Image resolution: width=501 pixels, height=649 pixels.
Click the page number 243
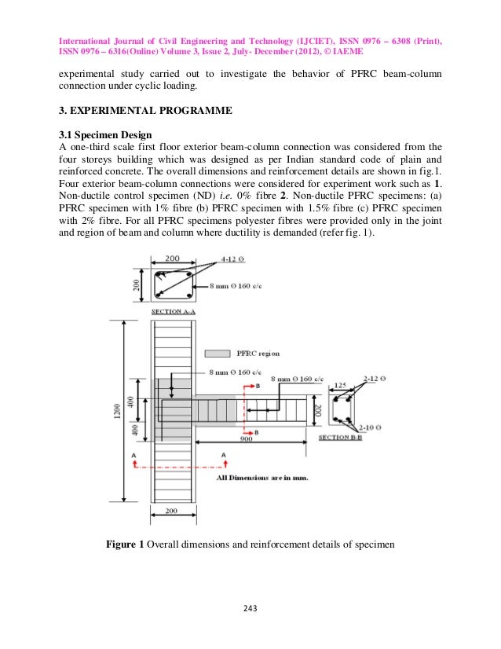pos(251,608)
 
